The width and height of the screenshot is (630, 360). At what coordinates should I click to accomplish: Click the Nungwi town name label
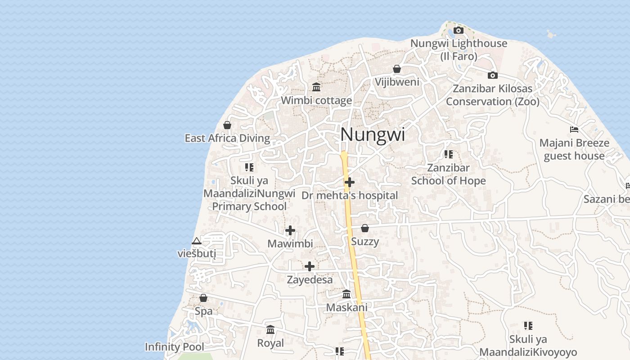click(x=373, y=135)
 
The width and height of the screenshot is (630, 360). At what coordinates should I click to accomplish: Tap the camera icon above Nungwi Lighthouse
click(x=459, y=31)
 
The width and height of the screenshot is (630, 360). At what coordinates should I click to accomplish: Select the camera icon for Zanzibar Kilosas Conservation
click(x=493, y=75)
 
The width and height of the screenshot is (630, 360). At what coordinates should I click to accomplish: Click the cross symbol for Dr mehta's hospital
click(x=350, y=182)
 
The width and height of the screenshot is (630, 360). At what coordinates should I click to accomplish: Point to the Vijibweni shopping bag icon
click(x=397, y=69)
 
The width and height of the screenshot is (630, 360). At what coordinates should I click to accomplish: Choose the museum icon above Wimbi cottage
click(x=316, y=87)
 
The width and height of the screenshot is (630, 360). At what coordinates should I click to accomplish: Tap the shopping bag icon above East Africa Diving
click(x=227, y=125)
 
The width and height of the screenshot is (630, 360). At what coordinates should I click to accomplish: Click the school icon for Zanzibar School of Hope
click(x=449, y=154)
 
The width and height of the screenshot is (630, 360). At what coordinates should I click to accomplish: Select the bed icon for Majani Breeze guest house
click(x=574, y=130)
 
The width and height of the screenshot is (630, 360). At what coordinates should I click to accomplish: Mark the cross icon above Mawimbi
click(x=290, y=230)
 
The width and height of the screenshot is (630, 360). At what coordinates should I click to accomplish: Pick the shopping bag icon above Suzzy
click(x=365, y=228)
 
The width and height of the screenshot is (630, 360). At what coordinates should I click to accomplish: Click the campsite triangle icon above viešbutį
click(x=197, y=241)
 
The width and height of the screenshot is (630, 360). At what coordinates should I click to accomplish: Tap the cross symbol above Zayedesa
click(x=310, y=266)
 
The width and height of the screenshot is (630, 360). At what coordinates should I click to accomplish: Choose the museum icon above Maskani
click(x=346, y=294)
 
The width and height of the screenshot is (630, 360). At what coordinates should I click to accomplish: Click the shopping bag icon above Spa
click(x=203, y=298)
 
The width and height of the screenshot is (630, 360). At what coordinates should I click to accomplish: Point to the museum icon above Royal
click(x=270, y=330)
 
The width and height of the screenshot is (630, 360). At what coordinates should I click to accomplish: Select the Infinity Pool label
click(x=174, y=347)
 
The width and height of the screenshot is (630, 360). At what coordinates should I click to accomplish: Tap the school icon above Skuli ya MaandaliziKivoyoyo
click(x=528, y=325)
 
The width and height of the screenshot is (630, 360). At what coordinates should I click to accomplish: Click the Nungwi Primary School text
click(x=249, y=207)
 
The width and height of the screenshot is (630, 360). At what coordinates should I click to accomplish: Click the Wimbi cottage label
click(x=316, y=100)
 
